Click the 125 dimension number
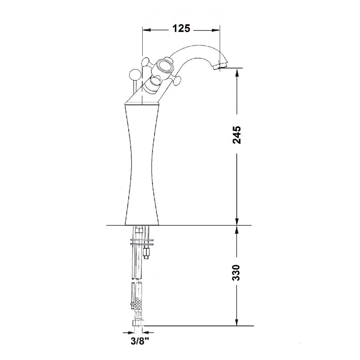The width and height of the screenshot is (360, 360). [x=181, y=28]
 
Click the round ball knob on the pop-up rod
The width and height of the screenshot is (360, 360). [x=134, y=74]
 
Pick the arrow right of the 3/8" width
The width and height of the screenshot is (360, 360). [x=146, y=332]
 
